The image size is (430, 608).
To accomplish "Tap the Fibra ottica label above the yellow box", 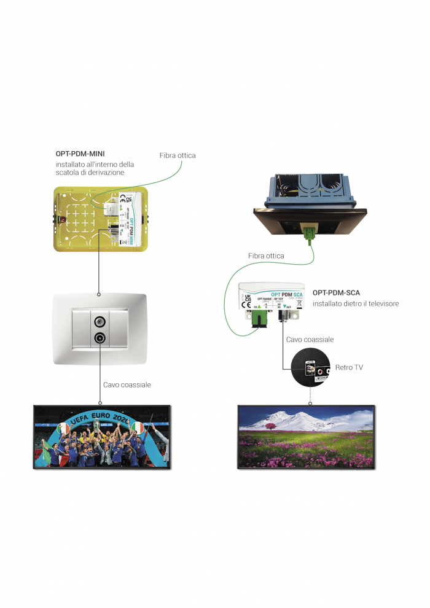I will pos(178,155).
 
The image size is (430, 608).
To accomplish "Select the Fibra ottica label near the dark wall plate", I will pos(266,255).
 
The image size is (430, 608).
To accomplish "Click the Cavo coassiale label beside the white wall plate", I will pos(127,384).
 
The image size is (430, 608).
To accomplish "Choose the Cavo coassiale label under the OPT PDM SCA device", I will pos(310,340).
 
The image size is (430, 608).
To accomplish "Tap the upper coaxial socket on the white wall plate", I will pos(100,321).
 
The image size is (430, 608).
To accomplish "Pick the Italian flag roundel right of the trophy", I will pos(137,427).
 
